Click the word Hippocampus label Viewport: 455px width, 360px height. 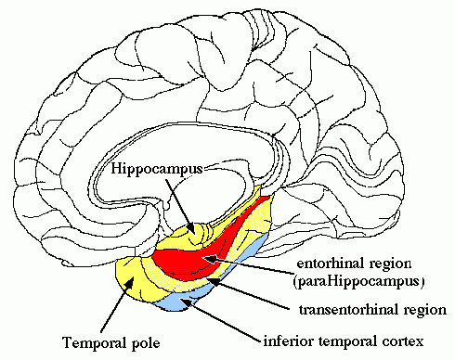pyautogui.click(x=157, y=169)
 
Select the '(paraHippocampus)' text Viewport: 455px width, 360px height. pyautogui.click(x=358, y=282)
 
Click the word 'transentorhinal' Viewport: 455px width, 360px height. pyautogui.click(x=345, y=309)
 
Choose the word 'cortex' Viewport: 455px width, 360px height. pyautogui.click(x=403, y=341)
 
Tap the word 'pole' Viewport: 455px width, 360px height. pyautogui.click(x=146, y=343)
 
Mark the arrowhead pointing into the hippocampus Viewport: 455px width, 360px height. pyautogui.click(x=191, y=228)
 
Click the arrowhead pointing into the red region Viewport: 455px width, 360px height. pyautogui.click(x=210, y=259)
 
